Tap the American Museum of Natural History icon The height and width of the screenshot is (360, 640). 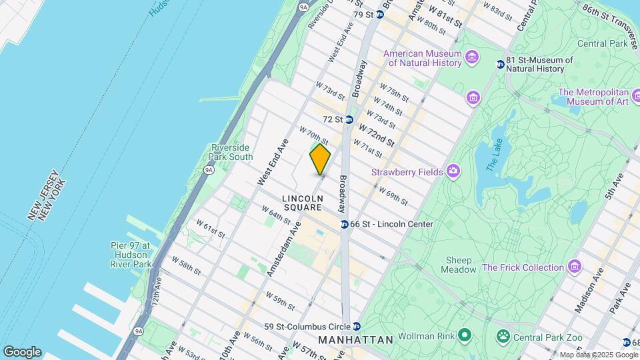click(x=473, y=57)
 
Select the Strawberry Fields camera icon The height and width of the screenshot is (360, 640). click(x=453, y=172)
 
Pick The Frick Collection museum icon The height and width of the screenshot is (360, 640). click(x=575, y=267)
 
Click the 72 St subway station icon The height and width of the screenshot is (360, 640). click(x=349, y=119)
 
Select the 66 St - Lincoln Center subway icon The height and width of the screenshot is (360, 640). click(x=344, y=225)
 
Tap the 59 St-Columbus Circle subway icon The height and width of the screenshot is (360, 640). click(x=357, y=327)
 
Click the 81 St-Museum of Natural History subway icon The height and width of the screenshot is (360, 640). click(x=500, y=64)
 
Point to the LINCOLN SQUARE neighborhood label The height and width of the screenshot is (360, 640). click(x=302, y=203)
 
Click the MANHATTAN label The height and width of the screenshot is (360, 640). click(x=355, y=340)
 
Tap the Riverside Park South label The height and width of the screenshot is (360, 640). click(x=231, y=152)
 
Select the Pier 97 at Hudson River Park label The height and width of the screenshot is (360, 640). click(x=131, y=255)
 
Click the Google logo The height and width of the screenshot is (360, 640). click(x=22, y=352)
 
